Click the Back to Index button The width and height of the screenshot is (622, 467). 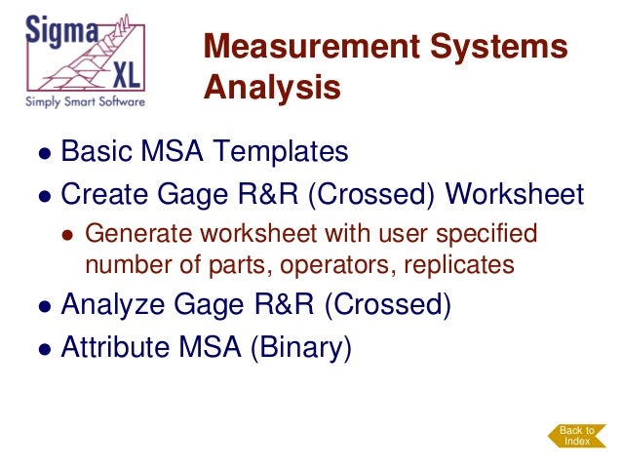[577, 436]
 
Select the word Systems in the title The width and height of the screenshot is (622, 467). [513, 46]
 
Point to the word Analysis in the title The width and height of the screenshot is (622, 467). [272, 88]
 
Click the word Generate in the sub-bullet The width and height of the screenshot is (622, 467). [131, 234]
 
